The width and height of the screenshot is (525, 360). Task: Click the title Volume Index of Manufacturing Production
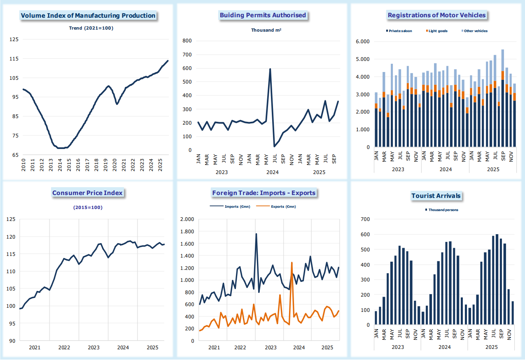(x=88, y=16)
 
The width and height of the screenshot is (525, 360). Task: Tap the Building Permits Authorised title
(x=263, y=15)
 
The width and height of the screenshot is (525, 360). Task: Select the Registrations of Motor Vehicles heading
(x=436, y=15)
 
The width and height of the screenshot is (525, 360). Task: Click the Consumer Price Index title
(x=87, y=193)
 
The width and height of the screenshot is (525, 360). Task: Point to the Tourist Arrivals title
(x=436, y=196)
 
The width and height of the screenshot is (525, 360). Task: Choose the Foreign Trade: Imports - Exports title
(x=264, y=193)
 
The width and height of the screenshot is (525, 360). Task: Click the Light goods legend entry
(x=437, y=31)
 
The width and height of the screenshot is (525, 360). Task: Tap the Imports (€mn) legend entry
(x=234, y=207)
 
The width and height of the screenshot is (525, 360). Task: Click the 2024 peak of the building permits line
(x=270, y=69)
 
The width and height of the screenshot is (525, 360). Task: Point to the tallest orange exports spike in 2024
(x=292, y=262)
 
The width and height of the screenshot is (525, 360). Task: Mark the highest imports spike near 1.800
(x=256, y=234)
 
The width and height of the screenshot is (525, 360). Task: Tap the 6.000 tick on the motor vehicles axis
(x=363, y=42)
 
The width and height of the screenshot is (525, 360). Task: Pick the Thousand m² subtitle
(x=266, y=30)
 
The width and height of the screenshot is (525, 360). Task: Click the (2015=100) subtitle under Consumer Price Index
(x=88, y=207)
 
